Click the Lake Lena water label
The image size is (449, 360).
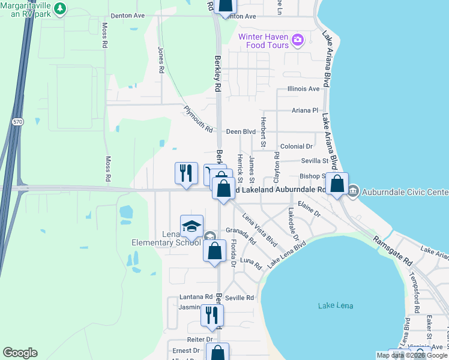336,306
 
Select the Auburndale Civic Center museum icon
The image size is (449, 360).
352,192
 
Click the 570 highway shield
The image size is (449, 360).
17,121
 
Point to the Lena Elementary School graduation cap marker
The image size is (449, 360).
191,226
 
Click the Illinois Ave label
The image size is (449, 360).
303,89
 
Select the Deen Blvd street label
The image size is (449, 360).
241,131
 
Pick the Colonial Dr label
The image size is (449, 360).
297,146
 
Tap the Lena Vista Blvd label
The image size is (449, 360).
259,230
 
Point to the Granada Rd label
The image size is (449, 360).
241,236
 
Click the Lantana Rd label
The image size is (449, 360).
196,297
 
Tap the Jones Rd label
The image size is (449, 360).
160,60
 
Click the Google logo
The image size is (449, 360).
20,353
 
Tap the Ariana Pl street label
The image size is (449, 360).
305,110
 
